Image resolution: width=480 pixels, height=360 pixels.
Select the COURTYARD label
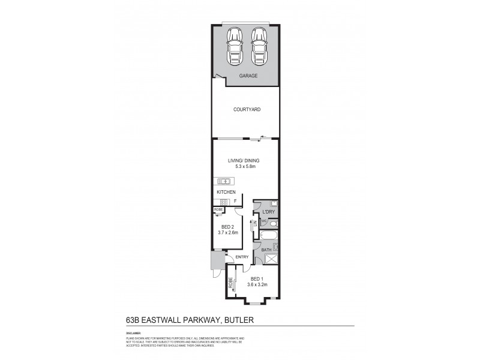(x=247, y=110)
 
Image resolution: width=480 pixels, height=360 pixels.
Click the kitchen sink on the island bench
(x=226, y=180)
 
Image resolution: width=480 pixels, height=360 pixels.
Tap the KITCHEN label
(x=226, y=191)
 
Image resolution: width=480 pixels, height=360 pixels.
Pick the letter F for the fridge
(x=236, y=201)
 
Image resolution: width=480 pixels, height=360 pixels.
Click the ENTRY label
(x=242, y=257)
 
